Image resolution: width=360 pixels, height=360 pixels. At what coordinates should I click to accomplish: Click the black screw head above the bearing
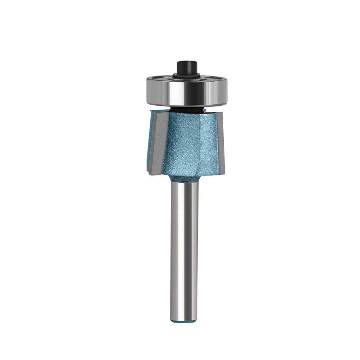(186, 67)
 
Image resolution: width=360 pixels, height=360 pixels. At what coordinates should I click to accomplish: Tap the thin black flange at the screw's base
(186, 76)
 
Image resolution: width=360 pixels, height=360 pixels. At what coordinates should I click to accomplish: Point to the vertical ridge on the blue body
(199, 140)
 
